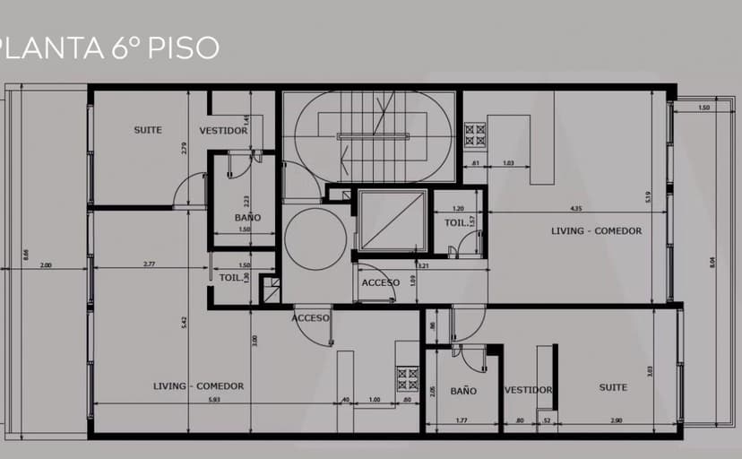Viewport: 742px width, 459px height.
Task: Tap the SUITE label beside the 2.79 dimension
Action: click(x=148, y=130)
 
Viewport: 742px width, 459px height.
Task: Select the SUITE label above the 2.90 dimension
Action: click(x=614, y=387)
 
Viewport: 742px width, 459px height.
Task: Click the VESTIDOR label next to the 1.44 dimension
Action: click(x=223, y=131)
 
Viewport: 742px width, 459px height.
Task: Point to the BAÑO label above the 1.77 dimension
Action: click(x=463, y=391)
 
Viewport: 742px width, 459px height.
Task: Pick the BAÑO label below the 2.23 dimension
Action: click(x=247, y=218)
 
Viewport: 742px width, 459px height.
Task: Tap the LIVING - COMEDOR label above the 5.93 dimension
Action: click(x=198, y=386)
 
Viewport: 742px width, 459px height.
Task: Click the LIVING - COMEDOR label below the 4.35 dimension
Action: click(x=596, y=231)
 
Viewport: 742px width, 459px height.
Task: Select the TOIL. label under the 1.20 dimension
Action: click(x=455, y=222)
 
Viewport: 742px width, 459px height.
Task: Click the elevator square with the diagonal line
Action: click(x=391, y=220)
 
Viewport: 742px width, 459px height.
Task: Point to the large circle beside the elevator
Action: click(x=315, y=238)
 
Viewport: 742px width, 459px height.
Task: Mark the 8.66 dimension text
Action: click(x=26, y=255)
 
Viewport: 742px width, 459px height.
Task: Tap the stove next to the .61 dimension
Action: click(x=475, y=135)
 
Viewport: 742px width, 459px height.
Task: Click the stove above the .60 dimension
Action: click(x=408, y=378)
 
